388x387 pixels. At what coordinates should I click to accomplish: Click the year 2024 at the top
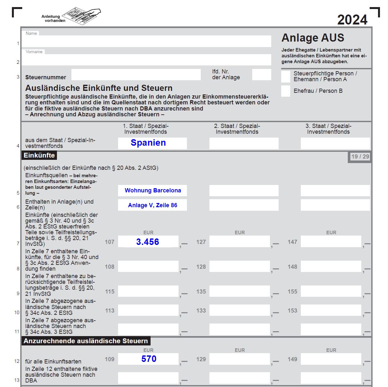pos(352,20)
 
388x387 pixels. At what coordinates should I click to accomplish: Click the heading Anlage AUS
pos(313,38)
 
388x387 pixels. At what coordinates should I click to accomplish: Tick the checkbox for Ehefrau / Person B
pos(285,91)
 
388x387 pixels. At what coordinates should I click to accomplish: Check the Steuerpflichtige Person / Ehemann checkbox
pos(285,76)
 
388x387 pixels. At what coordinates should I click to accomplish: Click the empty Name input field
pos(146,41)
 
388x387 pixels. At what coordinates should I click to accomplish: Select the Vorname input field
pos(146,60)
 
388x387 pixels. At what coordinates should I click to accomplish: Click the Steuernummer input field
pos(136,75)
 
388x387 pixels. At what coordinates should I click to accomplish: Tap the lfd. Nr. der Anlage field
pos(261,75)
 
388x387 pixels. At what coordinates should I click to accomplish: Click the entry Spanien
pos(148,143)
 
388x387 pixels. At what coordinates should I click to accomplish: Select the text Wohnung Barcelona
pos(153,190)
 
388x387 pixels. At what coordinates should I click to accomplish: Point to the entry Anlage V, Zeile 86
pos(152,205)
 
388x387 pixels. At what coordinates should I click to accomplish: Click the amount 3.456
pos(148,242)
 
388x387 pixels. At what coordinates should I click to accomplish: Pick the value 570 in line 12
pos(149,359)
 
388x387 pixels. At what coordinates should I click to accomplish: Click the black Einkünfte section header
pos(39,155)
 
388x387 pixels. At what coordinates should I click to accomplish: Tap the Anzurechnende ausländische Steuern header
pos(86,341)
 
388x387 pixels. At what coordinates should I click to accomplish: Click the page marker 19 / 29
pos(360,157)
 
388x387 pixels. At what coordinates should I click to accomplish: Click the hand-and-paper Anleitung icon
pos(81,16)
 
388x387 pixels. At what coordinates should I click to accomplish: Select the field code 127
pos(201,242)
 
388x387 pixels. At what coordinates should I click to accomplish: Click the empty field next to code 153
pos(331,311)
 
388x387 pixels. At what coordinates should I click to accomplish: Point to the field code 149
pos(292,359)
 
